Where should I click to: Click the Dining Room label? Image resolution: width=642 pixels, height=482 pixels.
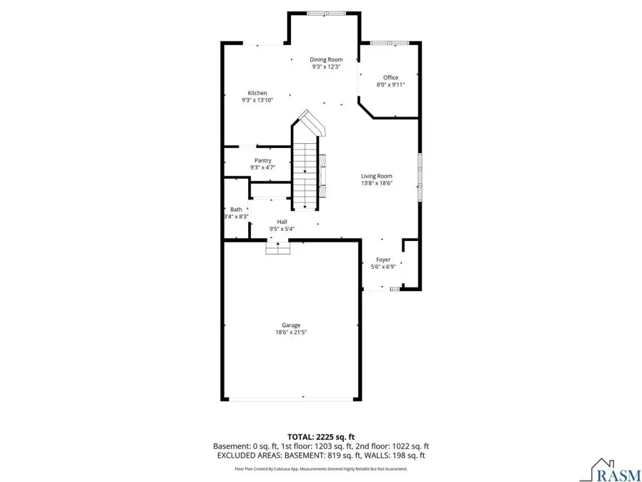[326, 60]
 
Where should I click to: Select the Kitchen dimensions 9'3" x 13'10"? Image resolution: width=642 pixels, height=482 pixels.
[257, 100]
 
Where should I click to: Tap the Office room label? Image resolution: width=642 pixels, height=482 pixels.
[391, 77]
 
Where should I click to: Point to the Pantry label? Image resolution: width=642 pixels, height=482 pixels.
[263, 160]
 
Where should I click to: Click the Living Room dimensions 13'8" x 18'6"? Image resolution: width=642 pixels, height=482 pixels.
[377, 183]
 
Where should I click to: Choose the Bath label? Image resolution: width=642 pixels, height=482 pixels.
[236, 210]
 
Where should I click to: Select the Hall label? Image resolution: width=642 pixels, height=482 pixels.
[282, 222]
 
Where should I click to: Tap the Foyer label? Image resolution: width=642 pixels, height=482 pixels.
[383, 259]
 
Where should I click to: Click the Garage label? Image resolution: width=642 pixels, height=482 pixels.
[291, 326]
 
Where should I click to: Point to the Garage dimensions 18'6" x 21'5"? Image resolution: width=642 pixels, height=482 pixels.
[291, 333]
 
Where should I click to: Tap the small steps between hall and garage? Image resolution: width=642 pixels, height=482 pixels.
[278, 248]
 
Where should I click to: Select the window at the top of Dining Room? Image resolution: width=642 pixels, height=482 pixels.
[326, 13]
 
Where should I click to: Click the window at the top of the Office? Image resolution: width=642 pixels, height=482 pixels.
[390, 43]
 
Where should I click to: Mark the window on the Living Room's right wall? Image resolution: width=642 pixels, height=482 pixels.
[419, 176]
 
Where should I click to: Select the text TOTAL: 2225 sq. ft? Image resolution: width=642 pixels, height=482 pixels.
[321, 437]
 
